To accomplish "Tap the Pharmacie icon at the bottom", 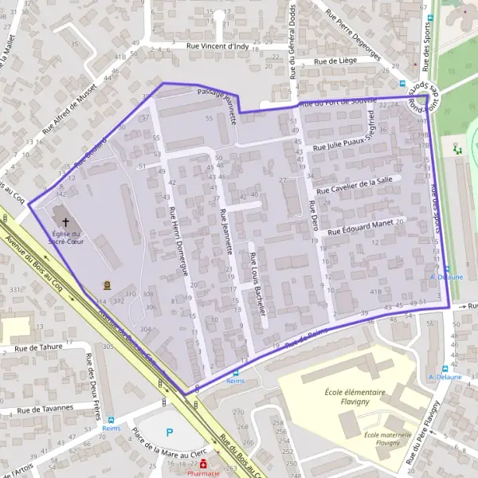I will click(x=204, y=464).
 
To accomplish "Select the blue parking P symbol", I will click(x=169, y=433).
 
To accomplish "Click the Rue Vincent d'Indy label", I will click(x=217, y=45).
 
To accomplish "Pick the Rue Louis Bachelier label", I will click(x=258, y=278).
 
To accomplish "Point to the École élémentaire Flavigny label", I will click(x=355, y=397).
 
